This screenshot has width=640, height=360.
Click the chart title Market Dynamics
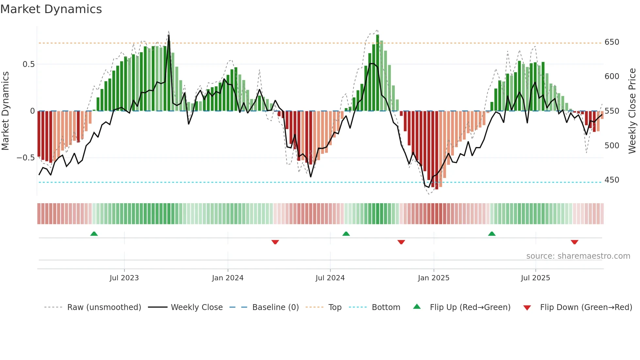(51, 9)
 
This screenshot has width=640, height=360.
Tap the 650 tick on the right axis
(612, 42)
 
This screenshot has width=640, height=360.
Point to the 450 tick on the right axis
(612, 180)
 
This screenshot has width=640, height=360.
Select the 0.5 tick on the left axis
(29, 64)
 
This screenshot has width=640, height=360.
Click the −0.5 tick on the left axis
(26, 158)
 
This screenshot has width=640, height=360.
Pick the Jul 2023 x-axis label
(124, 278)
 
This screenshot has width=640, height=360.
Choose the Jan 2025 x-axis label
(434, 278)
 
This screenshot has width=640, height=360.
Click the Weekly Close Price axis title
(632, 111)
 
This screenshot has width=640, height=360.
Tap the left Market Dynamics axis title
(5, 111)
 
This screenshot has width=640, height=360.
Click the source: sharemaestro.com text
(578, 256)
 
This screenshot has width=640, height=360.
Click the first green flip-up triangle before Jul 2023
(94, 234)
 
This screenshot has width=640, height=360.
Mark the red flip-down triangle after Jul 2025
(574, 242)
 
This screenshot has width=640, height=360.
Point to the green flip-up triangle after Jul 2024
(346, 234)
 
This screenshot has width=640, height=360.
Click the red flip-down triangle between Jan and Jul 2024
(275, 242)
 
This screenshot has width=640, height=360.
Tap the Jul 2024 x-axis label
(330, 278)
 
